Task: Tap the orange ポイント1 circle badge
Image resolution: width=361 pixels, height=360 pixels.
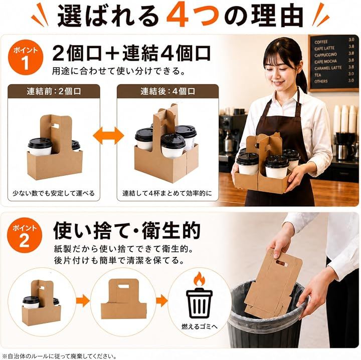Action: [x=26, y=57]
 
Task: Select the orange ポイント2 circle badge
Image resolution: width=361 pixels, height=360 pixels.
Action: [x=25, y=235]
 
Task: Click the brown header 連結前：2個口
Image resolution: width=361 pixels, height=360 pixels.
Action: [x=54, y=91]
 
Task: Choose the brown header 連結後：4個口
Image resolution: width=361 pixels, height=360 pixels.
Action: [x=167, y=91]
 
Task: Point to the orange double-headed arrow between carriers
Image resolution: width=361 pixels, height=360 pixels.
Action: [x=108, y=135]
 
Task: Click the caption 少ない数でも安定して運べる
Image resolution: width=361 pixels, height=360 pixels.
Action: [x=54, y=193]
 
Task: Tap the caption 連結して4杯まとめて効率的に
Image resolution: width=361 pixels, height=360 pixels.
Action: [x=167, y=193]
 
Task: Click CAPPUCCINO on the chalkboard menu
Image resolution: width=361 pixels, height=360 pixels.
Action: [x=325, y=55]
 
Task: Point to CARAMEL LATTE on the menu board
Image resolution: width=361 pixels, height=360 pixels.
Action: [x=328, y=68]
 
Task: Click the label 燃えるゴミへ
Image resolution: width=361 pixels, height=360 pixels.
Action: [x=200, y=326]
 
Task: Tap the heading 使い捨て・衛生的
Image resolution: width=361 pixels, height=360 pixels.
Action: [x=127, y=230]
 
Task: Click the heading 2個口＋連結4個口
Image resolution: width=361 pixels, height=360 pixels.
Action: [x=131, y=53]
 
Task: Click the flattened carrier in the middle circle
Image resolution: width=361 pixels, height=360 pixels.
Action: [x=124, y=299]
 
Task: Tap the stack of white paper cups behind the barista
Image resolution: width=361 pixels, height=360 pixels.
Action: [x=346, y=119]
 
